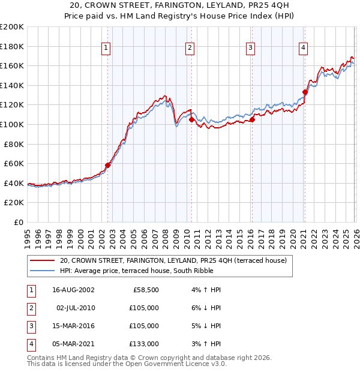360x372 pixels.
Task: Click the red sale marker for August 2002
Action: pyautogui.click(x=108, y=165)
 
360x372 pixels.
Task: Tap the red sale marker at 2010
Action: pyautogui.click(x=191, y=119)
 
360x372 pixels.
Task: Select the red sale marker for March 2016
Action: pyautogui.click(x=252, y=119)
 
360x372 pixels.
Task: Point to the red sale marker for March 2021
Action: pyautogui.click(x=305, y=92)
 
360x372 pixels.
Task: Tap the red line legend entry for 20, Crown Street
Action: pyautogui.click(x=173, y=260)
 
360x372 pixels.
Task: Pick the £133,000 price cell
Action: pyautogui.click(x=144, y=344)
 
